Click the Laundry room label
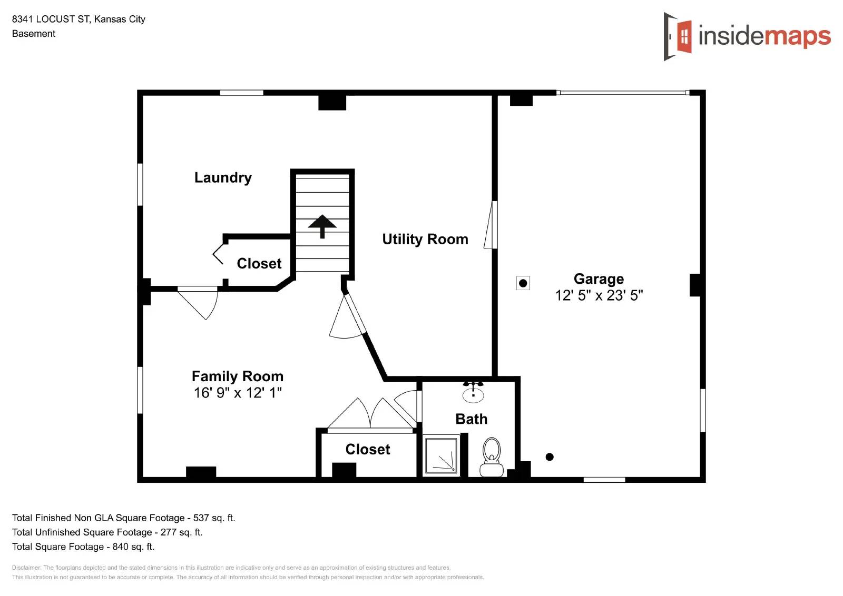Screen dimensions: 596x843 (x=223, y=177)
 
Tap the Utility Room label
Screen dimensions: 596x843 (x=425, y=239)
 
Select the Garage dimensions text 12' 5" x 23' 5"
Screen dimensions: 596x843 (x=599, y=295)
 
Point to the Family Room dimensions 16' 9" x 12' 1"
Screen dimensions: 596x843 (x=238, y=393)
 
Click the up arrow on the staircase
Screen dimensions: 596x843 (x=322, y=225)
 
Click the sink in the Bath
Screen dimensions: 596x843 (x=473, y=392)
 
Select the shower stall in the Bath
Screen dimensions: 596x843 (x=442, y=454)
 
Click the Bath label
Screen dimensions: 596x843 (x=471, y=419)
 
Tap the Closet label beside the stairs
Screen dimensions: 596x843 (x=259, y=263)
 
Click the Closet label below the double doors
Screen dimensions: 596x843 (x=367, y=449)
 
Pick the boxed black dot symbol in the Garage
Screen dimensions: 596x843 (x=523, y=283)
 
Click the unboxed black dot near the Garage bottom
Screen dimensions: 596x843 (x=550, y=457)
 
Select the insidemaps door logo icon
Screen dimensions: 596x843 (x=678, y=36)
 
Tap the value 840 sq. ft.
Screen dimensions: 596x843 (x=133, y=547)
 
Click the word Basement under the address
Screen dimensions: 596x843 (x=34, y=34)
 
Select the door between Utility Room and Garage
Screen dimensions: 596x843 (x=492, y=225)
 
